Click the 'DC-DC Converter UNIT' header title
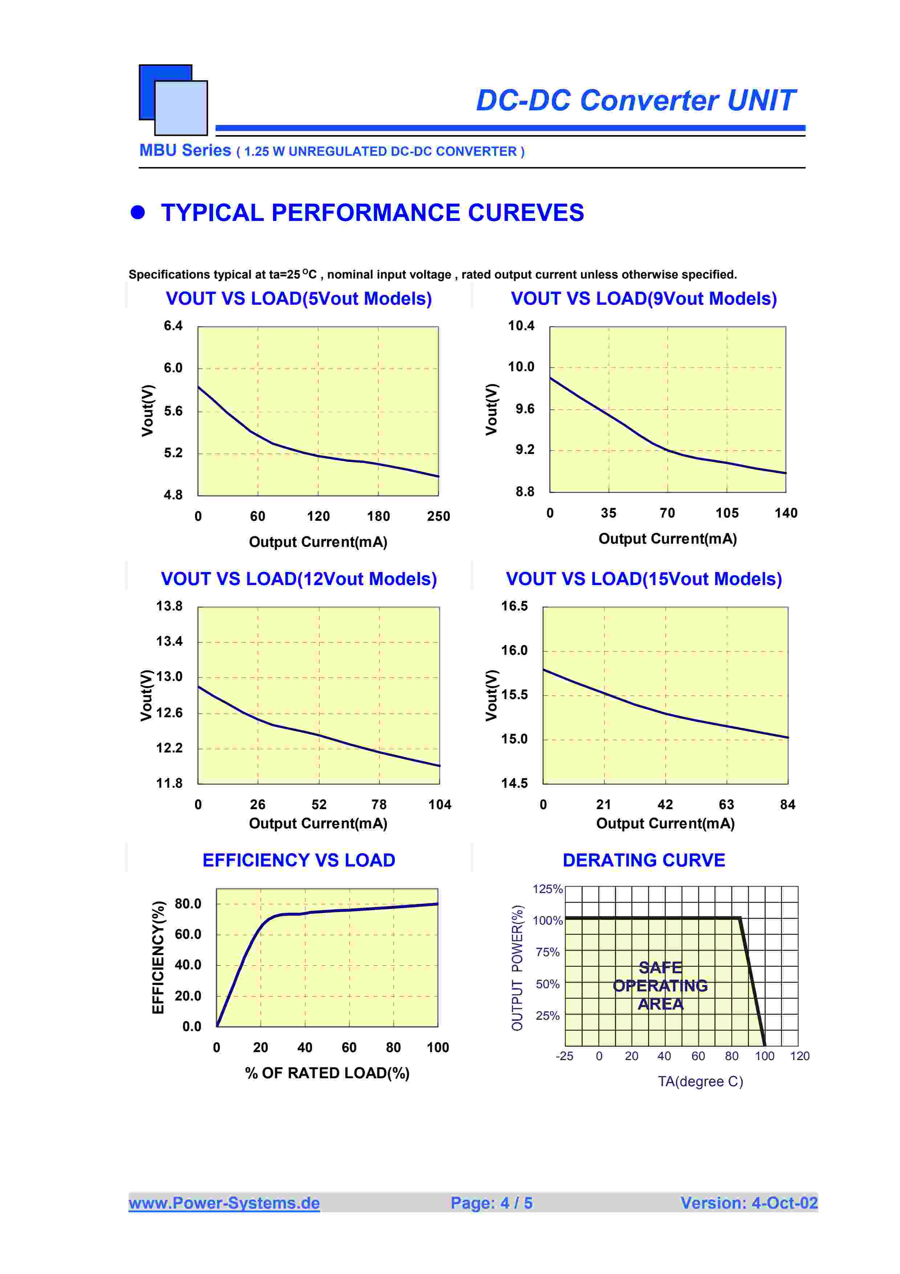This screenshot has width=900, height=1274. point(635,101)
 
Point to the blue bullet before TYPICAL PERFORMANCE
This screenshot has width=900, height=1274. point(138,212)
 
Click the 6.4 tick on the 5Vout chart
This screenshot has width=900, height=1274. point(173,326)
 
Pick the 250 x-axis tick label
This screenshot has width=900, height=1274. point(438,516)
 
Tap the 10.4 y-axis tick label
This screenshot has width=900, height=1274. point(521,326)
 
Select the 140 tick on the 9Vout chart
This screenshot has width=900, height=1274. point(786,513)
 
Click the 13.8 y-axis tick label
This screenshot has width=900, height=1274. point(169,606)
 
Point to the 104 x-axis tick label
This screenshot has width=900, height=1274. point(439,804)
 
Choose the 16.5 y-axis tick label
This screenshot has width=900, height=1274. point(514,606)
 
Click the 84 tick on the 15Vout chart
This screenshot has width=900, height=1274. point(787,804)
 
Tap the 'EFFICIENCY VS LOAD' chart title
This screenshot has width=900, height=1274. point(298,860)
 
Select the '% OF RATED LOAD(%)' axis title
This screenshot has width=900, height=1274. point(327,1073)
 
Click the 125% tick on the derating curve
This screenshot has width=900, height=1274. point(547,889)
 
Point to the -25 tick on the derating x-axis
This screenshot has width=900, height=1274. point(565,1056)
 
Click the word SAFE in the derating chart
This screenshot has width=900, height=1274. point(660,968)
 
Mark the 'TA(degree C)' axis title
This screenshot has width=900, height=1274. point(700,1082)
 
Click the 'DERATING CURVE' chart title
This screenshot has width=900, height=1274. point(643,860)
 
